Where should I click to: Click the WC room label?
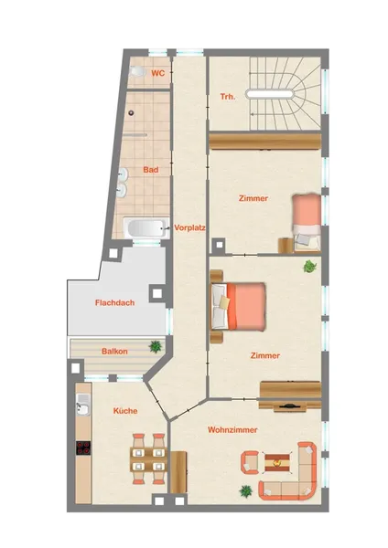[158, 73]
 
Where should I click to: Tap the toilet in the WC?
[137, 71]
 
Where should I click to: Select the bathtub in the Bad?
[146, 228]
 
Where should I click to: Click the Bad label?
[151, 170]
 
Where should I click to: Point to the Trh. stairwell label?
[228, 97]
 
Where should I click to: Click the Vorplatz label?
[189, 227]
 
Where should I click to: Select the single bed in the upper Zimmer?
[307, 222]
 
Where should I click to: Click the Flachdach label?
[115, 302]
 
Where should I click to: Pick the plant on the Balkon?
[156, 347]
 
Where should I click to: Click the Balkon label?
[114, 352]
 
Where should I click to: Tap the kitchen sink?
[83, 405]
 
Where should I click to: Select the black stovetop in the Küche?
[83, 448]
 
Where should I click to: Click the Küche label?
[125, 411]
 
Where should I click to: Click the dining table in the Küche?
[149, 459]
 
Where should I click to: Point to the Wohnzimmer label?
[232, 429]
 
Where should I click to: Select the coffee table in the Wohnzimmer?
[277, 463]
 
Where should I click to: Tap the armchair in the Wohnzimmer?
[249, 462]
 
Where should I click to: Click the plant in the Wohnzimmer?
[246, 491]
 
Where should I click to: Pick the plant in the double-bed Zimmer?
[310, 267]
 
